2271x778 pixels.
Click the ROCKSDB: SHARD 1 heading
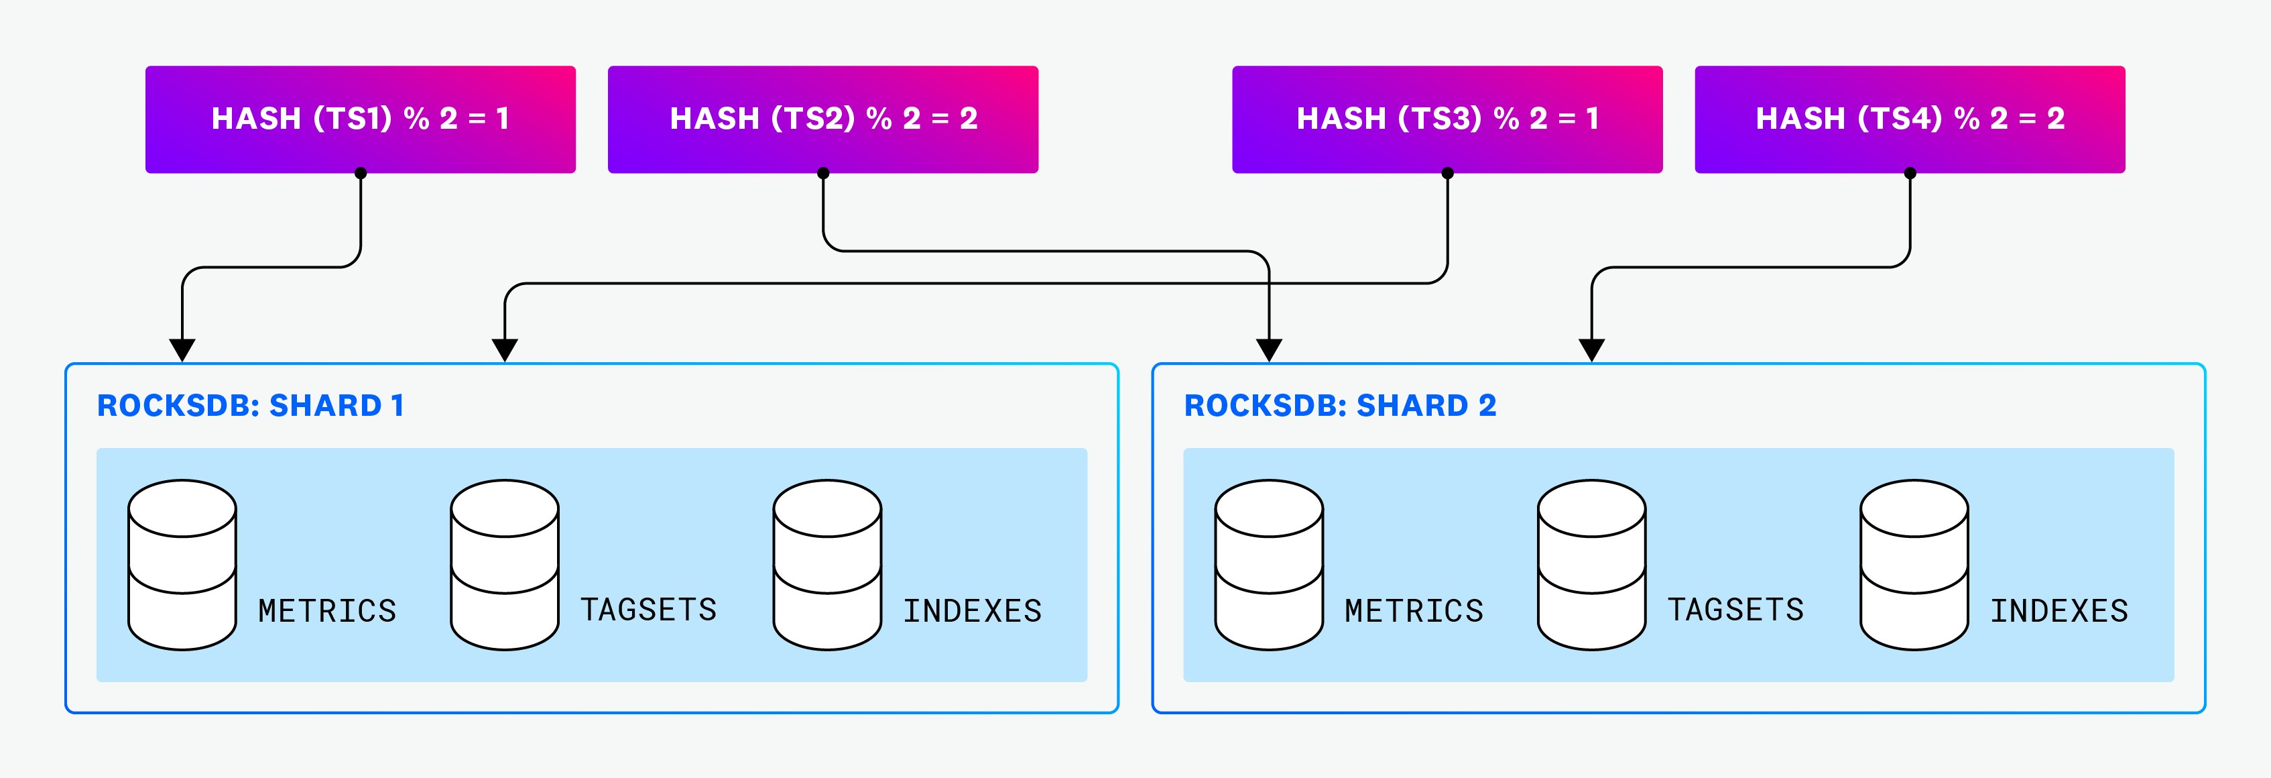pos(251,406)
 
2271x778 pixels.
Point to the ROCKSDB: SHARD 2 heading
pos(1339,406)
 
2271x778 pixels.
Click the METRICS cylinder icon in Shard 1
pos(182,565)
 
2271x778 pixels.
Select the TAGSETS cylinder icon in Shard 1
pos(504,565)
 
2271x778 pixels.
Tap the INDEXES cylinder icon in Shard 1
pos(827,565)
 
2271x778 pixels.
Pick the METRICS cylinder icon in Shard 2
pos(1269,565)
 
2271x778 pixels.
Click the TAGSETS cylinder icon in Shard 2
pos(1591,565)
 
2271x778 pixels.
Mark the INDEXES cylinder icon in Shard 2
pos(1914,565)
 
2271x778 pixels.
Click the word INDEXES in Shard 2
pos(2059,610)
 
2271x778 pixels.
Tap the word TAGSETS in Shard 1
pos(648,610)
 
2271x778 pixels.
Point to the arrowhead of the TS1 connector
pos(182,350)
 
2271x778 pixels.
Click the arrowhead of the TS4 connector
pos(1591,350)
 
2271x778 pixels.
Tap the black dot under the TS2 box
pos(822,173)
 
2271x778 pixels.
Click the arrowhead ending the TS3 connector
pos(504,350)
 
